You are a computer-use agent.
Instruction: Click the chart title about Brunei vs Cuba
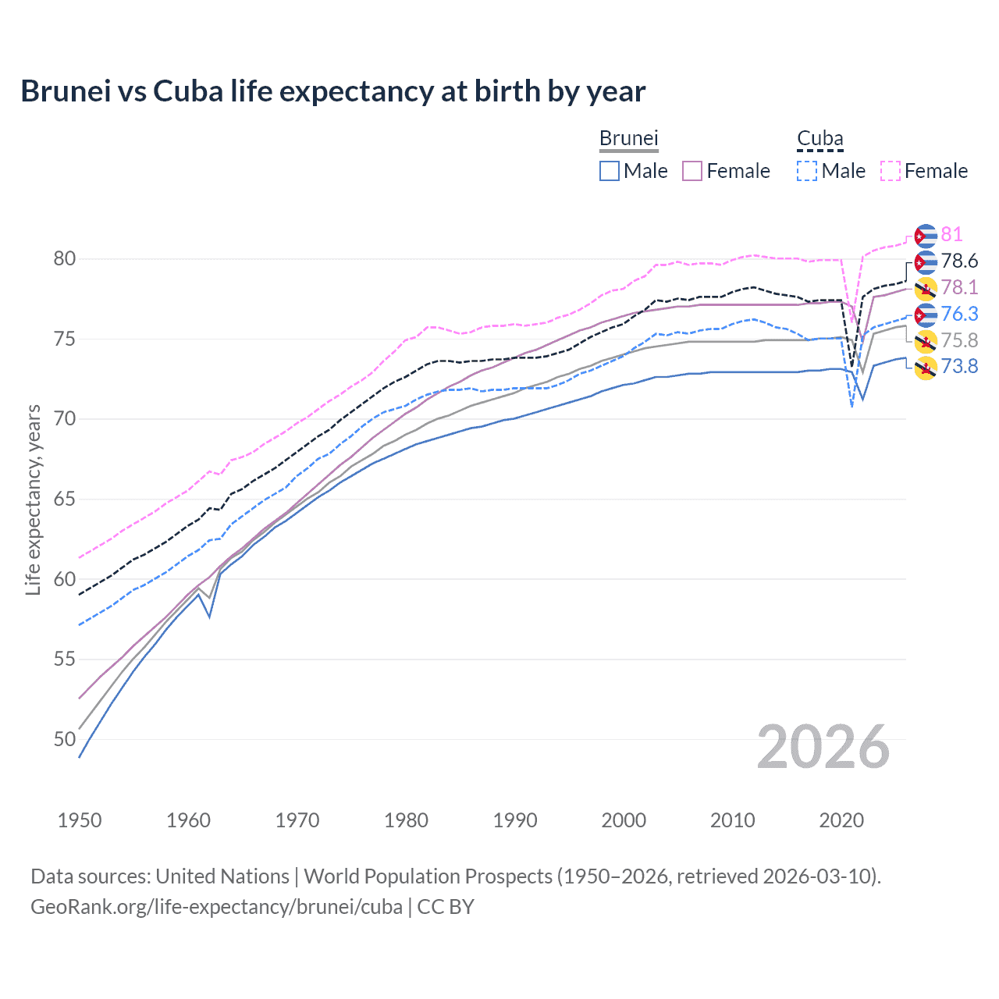click(x=333, y=91)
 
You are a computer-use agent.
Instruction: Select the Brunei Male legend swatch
click(x=610, y=171)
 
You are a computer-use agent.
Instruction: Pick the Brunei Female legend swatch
click(x=692, y=171)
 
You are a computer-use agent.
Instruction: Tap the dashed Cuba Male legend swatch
click(x=807, y=171)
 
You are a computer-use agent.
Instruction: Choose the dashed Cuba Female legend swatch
click(x=890, y=171)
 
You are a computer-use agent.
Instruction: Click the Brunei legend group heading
click(x=629, y=138)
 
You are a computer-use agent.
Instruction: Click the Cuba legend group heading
click(x=819, y=138)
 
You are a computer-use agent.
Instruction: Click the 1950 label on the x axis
click(x=80, y=820)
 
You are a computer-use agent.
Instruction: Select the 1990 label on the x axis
click(x=515, y=820)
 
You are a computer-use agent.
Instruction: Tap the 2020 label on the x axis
click(x=841, y=820)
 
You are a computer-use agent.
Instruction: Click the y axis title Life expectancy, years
click(x=33, y=499)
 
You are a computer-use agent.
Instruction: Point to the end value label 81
click(x=951, y=235)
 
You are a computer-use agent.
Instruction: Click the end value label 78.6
click(x=959, y=261)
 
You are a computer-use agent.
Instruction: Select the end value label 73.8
click(x=959, y=366)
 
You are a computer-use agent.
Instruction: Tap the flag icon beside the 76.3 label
click(x=926, y=315)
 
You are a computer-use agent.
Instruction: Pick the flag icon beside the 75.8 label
click(x=926, y=341)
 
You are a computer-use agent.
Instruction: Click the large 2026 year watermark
click(x=823, y=747)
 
